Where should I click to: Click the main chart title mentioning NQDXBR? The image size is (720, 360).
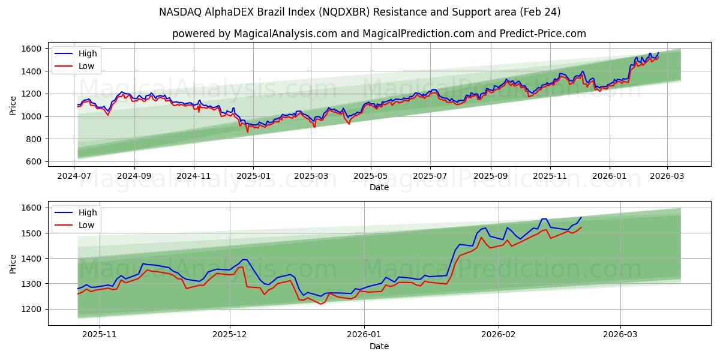tap(360, 12)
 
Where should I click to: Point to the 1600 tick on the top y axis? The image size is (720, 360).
tap(31, 49)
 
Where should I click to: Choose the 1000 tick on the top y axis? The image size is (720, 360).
tap(31, 116)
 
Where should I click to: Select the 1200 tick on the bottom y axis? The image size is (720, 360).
tap(31, 309)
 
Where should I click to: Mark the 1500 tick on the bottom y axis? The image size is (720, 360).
tap(31, 233)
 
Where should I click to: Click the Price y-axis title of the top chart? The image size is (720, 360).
tap(13, 105)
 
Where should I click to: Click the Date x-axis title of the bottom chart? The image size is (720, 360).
tap(379, 347)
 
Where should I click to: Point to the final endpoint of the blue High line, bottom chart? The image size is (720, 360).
tap(581, 217)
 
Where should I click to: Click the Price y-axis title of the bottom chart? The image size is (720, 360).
tap(13, 263)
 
